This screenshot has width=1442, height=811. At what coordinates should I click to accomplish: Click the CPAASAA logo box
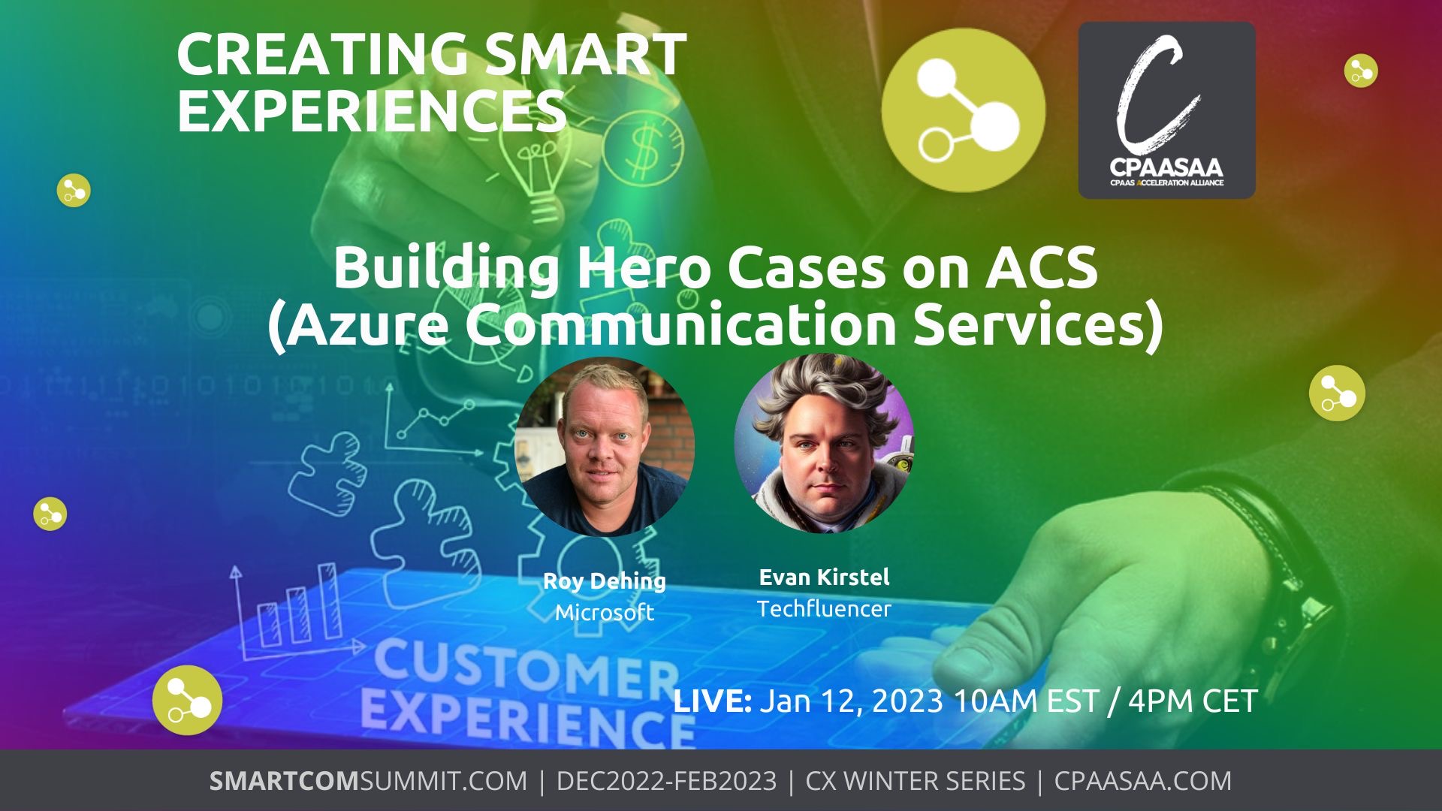click(1166, 110)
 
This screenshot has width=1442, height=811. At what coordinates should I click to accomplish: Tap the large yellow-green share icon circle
click(964, 110)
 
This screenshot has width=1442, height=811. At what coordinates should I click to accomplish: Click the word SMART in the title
click(586, 54)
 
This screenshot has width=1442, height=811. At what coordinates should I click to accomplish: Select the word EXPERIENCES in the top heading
click(372, 110)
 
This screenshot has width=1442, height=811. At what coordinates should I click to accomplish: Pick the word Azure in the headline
click(369, 324)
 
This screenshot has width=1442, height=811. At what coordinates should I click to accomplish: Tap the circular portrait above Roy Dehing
click(605, 446)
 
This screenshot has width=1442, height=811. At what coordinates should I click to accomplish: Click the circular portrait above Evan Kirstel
click(824, 443)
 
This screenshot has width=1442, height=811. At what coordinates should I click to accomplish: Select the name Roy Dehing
click(605, 581)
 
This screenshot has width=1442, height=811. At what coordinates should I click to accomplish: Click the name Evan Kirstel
click(824, 577)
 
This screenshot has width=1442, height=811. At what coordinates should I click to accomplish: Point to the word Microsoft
click(605, 613)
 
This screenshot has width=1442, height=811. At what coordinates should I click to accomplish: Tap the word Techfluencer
click(824, 609)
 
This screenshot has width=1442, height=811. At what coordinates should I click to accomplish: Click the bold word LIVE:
click(713, 701)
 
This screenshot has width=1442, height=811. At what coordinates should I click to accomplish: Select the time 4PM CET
click(1193, 701)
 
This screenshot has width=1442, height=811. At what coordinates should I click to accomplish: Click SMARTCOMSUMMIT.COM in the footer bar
click(368, 781)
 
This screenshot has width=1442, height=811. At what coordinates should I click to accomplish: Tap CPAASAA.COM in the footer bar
click(1143, 781)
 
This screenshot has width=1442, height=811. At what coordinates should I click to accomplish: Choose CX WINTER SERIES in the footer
click(915, 781)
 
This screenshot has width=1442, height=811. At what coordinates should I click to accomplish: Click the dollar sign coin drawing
click(643, 148)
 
